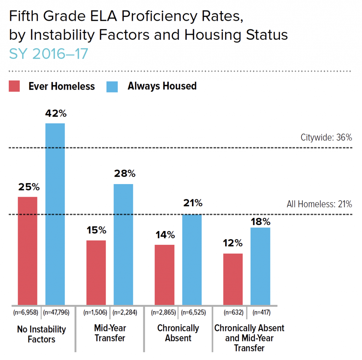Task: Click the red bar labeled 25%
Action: [28, 251]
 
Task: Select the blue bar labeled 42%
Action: [55, 214]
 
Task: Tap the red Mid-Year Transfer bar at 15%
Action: [96, 272]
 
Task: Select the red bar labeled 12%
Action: [233, 279]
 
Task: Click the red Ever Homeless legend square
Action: [14, 86]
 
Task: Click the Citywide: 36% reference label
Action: [326, 137]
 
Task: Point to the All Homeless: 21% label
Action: [319, 204]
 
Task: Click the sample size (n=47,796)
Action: [55, 312]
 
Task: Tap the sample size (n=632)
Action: [233, 312]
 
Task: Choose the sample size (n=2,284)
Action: [124, 312]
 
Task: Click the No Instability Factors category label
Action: [41, 334]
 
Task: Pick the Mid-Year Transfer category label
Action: [110, 333]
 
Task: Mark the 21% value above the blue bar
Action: [193, 203]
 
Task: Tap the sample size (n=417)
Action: [261, 312]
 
